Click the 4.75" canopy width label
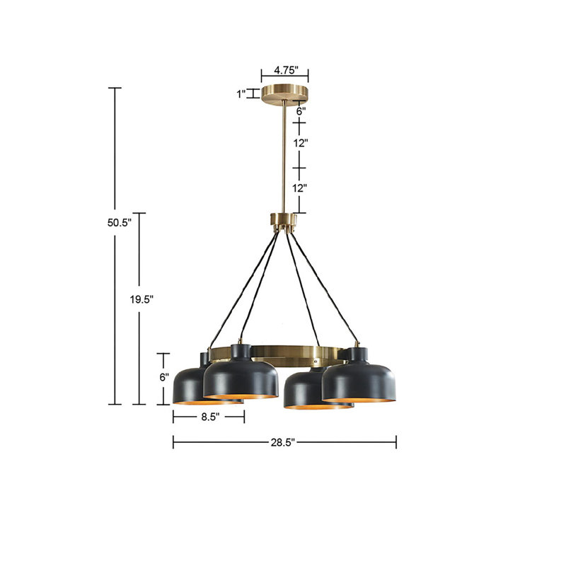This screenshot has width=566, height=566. [286, 70]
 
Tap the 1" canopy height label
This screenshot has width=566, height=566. [241, 94]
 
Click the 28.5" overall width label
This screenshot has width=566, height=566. [283, 443]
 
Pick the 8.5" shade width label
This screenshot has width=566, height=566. [210, 417]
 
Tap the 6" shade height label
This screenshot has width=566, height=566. [164, 377]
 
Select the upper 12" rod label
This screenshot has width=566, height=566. [300, 143]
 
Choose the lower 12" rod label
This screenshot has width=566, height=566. [299, 187]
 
